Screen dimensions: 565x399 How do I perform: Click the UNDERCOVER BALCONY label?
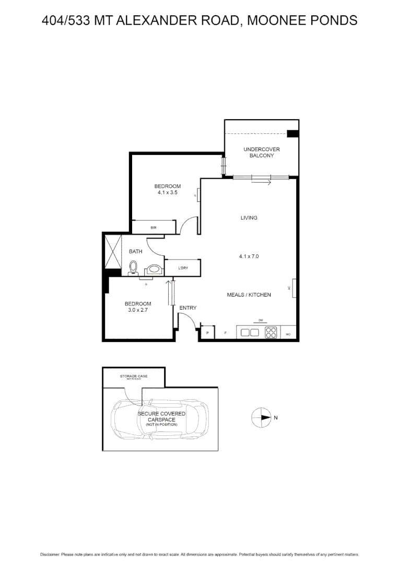258,153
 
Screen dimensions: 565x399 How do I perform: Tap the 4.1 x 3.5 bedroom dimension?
167,193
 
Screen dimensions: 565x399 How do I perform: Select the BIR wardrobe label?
153,228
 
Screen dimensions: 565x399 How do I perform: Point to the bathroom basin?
154,269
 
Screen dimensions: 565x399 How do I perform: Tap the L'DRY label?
183,268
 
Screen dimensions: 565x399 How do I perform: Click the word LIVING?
249,218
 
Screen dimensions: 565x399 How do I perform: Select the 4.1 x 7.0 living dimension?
249,256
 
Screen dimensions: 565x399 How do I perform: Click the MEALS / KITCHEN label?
249,295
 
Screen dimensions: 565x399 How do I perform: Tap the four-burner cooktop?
272,332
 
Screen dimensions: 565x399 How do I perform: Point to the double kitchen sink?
249,332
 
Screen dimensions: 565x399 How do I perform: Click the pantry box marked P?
207,333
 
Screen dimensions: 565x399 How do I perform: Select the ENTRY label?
188,308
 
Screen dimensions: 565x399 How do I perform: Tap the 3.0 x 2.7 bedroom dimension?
138,310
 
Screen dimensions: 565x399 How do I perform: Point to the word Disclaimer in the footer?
50,554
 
